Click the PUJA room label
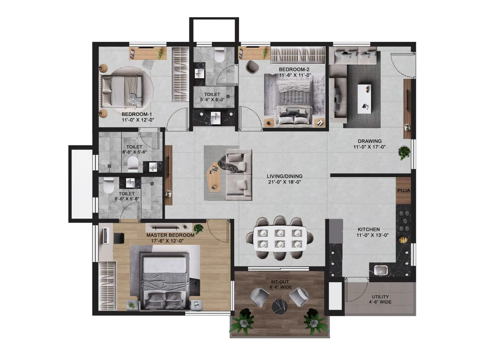pos(403,190)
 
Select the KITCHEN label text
pos(369,229)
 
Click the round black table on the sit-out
pos(280,307)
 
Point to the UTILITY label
pos(380,297)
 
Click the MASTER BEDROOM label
pos(170,235)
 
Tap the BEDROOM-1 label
pos(136,114)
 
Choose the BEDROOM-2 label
pos(290,70)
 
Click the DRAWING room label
pos(370,141)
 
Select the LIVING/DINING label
pos(284,176)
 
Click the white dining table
pos(280,238)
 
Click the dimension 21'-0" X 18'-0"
pos(284,182)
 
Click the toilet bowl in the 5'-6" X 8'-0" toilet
pos(220,56)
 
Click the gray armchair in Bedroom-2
pos(252,66)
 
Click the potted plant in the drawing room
pos(404,152)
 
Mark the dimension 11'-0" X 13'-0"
pos(372,235)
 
